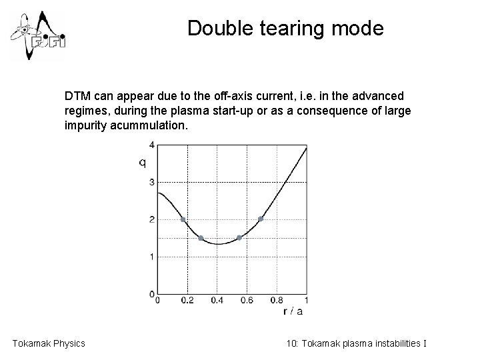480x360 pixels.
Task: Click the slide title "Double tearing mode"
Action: (x=285, y=29)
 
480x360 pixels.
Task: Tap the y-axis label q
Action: (x=142, y=163)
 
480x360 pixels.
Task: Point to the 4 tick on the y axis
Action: (x=151, y=145)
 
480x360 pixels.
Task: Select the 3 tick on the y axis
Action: (x=151, y=182)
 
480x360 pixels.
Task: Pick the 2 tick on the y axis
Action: (x=151, y=219)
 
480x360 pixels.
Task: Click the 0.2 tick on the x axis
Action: (x=187, y=301)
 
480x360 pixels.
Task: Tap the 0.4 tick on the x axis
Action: (x=217, y=301)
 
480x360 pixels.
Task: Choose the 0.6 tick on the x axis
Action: (x=247, y=301)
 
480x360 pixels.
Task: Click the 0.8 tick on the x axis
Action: (x=277, y=301)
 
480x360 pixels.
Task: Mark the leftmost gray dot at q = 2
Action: (x=183, y=219)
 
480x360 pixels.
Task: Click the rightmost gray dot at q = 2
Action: (x=261, y=219)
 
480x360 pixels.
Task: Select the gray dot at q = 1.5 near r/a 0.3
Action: (x=201, y=238)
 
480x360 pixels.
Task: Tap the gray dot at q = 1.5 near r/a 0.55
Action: (x=239, y=238)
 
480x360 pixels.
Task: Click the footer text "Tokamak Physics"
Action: (x=49, y=343)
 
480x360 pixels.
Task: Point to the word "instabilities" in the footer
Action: (x=397, y=343)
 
